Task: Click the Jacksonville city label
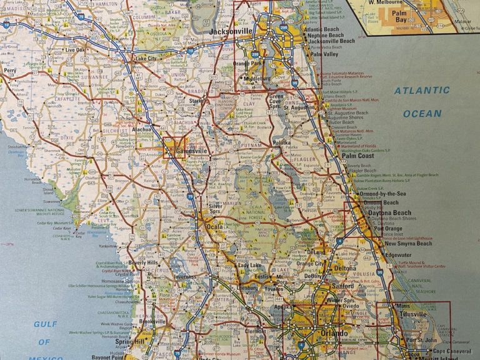(231, 30)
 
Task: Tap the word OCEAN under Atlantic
(422, 114)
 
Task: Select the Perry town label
(10, 71)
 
